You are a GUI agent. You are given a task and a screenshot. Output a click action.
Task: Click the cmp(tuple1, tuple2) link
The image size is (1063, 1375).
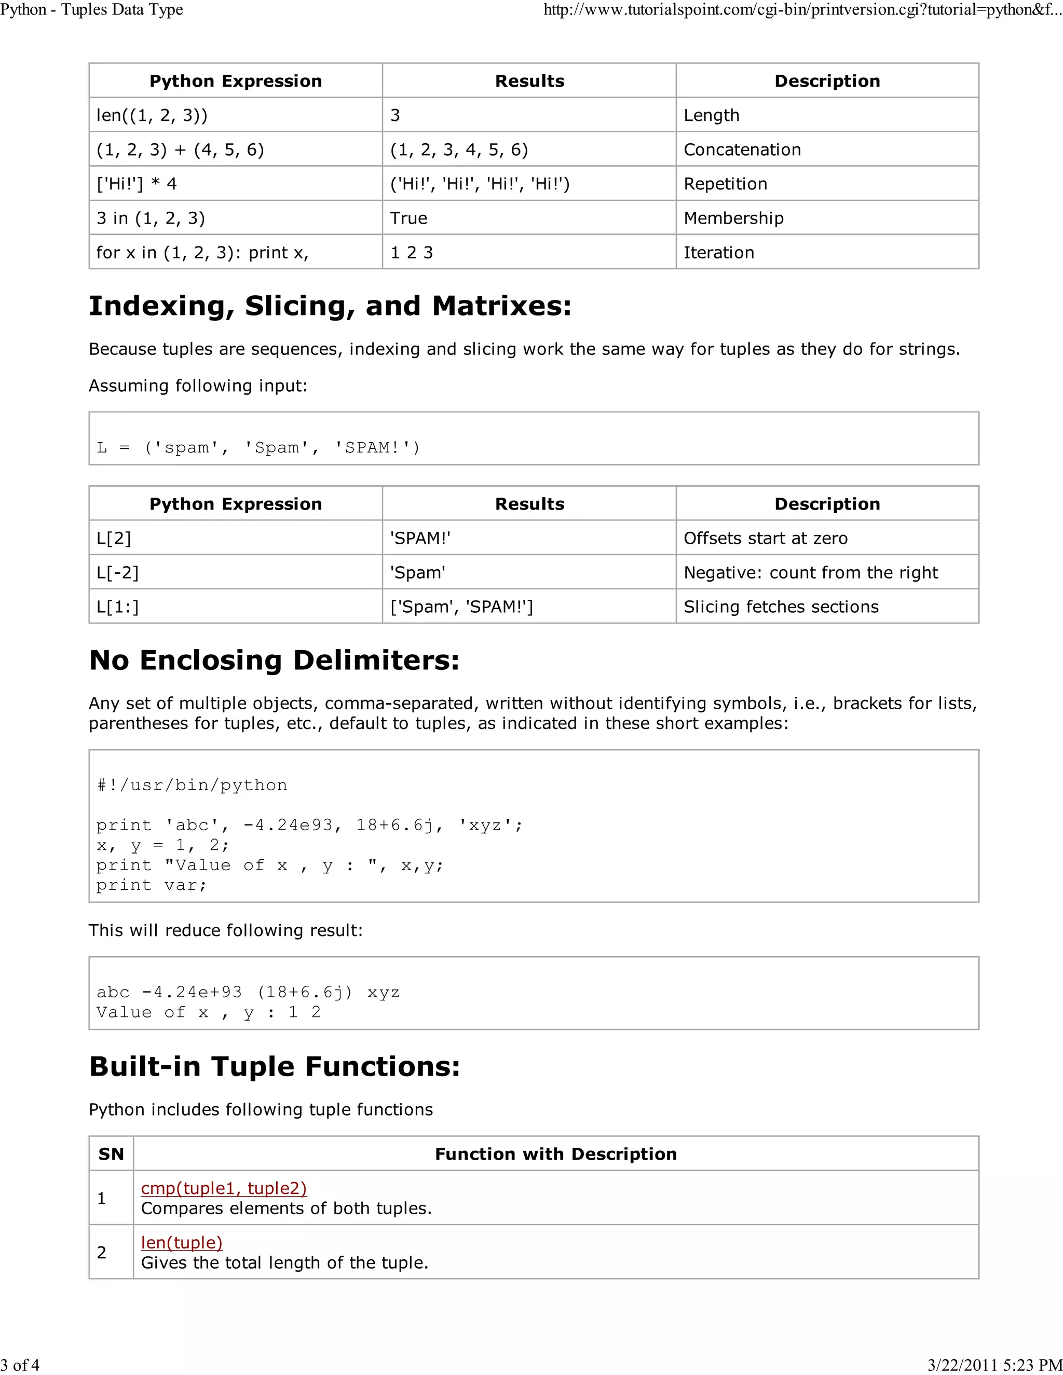[224, 1188]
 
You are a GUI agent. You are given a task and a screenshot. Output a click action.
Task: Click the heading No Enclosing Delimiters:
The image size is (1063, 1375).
[274, 660]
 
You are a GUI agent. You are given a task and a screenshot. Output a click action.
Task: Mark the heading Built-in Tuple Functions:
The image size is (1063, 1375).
[274, 1066]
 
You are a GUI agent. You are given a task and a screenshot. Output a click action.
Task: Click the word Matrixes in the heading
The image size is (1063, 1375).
[501, 306]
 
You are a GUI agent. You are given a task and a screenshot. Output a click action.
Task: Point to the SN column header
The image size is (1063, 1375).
[111, 1153]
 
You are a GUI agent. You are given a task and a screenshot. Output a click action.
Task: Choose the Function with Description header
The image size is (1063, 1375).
[555, 1153]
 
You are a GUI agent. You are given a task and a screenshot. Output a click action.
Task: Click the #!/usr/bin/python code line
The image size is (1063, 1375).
[192, 785]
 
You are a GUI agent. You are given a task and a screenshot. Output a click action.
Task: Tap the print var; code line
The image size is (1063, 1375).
[151, 885]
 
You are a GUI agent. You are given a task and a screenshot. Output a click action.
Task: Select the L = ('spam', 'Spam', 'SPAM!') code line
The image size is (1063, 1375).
[258, 448]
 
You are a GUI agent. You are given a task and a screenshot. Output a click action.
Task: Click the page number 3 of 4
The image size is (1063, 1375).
[20, 1364]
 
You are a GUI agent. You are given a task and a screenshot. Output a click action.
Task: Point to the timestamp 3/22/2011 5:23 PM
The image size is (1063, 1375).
[994, 1364]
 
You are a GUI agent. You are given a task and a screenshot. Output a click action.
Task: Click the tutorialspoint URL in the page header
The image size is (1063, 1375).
[802, 10]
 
